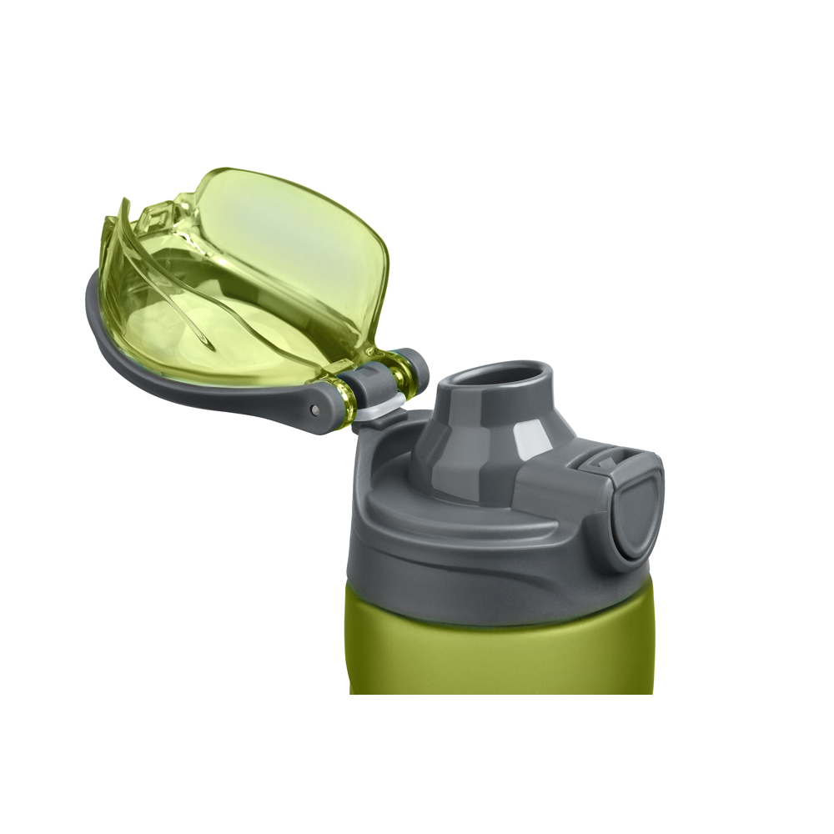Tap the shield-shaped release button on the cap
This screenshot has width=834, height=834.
click(638, 512)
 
